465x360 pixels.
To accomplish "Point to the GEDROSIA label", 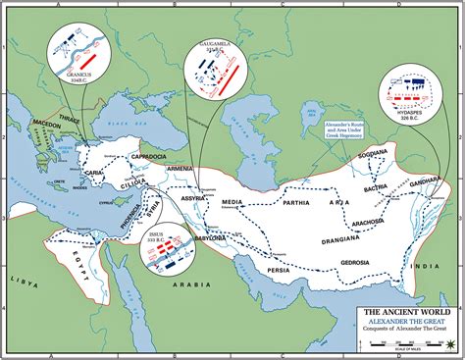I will [350, 262].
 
